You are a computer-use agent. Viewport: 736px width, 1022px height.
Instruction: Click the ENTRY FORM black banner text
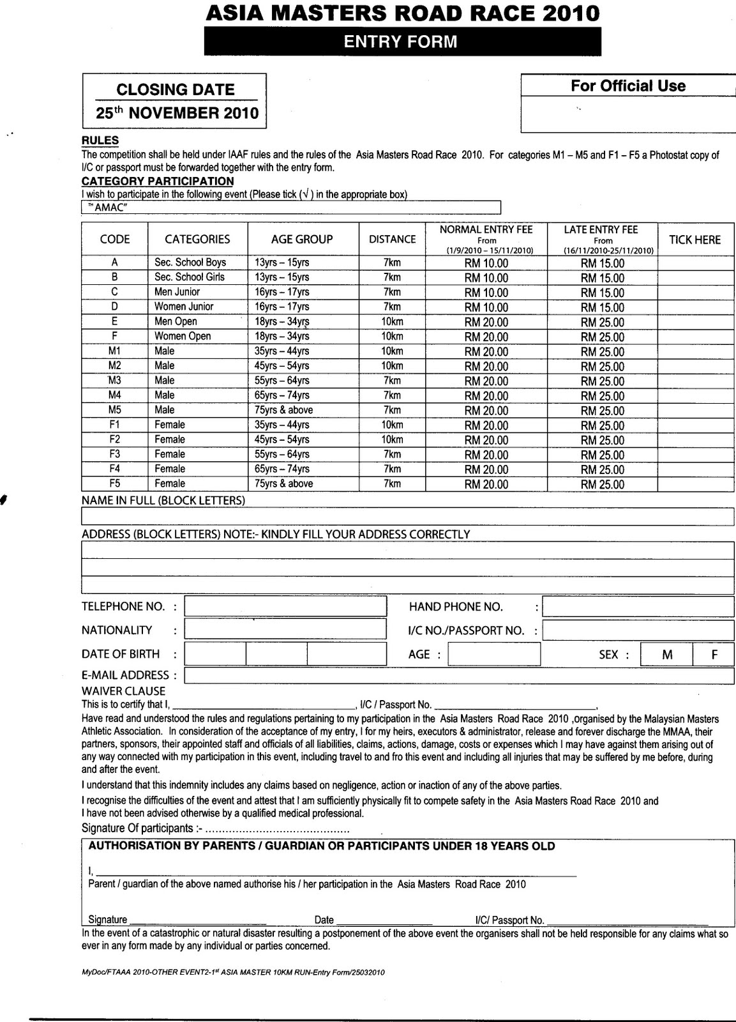click(x=401, y=42)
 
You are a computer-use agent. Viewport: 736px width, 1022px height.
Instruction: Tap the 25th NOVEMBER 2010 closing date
click(x=177, y=114)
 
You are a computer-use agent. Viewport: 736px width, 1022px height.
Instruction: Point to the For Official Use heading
click(x=627, y=86)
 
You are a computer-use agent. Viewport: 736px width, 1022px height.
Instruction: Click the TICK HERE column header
click(x=695, y=240)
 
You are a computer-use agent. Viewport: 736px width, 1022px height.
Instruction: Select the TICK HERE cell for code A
click(x=695, y=263)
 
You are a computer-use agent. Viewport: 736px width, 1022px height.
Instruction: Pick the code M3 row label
click(x=115, y=381)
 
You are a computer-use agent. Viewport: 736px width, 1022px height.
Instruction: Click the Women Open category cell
click(x=183, y=336)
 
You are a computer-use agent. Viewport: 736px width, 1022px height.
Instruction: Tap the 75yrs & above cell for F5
click(x=283, y=484)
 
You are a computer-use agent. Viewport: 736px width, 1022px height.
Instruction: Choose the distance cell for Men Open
click(x=392, y=321)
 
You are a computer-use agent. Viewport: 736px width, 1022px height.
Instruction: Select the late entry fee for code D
click(x=603, y=307)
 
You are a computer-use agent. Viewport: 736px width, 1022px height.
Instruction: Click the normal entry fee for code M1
click(x=486, y=351)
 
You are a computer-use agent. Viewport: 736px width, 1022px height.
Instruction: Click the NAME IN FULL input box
click(x=407, y=516)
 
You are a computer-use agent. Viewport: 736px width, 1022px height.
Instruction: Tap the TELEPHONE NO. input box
click(x=285, y=606)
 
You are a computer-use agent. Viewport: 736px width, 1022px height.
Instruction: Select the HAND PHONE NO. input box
click(x=637, y=606)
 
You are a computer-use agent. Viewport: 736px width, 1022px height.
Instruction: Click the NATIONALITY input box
click(x=285, y=629)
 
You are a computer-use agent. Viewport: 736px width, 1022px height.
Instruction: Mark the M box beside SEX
click(x=667, y=654)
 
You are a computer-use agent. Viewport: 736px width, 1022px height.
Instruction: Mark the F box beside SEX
click(x=714, y=654)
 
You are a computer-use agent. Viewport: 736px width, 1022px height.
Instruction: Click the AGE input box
click(x=494, y=654)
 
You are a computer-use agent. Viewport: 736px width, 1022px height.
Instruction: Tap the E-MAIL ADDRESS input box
click(x=458, y=675)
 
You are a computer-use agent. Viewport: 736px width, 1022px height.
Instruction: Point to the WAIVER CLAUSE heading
click(x=123, y=691)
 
